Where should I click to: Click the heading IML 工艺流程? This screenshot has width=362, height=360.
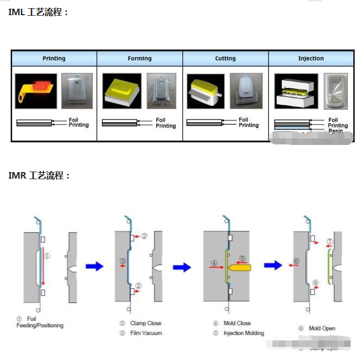39,11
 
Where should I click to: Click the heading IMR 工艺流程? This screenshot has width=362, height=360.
39,175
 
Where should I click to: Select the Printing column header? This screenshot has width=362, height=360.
54,58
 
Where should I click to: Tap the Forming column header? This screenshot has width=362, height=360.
139,58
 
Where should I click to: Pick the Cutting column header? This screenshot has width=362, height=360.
225,58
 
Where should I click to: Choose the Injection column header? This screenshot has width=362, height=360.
310,58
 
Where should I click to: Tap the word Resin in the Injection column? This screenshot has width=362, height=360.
335,131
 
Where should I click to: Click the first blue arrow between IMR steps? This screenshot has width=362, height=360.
94,266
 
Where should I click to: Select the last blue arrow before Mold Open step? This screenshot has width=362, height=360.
273,265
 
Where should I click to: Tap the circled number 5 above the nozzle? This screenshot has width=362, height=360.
243,258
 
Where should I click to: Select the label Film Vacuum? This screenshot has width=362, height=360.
146,333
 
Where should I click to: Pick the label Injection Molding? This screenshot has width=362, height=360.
244,333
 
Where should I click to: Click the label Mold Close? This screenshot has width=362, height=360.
237,323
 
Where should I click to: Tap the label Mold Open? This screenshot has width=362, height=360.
322,328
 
